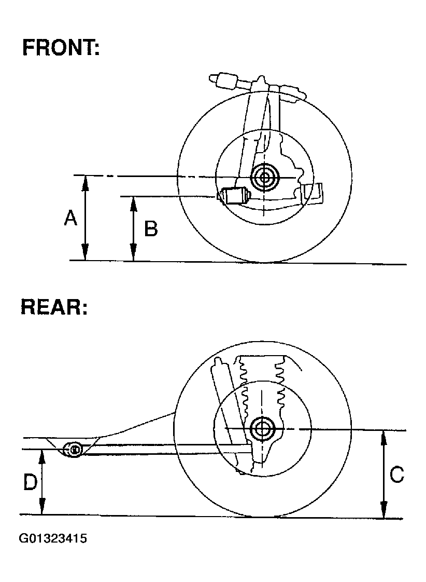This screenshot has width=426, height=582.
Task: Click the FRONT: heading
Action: point(61,48)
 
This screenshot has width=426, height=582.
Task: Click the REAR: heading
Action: point(54,307)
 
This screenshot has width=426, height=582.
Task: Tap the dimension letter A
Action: point(70,219)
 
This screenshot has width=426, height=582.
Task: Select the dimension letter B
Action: point(150,228)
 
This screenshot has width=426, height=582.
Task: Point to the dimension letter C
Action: point(396,475)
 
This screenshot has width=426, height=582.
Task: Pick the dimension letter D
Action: point(30,482)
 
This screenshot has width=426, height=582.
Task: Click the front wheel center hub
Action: point(265,178)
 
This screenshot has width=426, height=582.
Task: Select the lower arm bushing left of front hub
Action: point(233,196)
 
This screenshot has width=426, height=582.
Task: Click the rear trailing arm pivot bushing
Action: point(74,449)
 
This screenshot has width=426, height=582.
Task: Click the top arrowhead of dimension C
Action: point(383,435)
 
